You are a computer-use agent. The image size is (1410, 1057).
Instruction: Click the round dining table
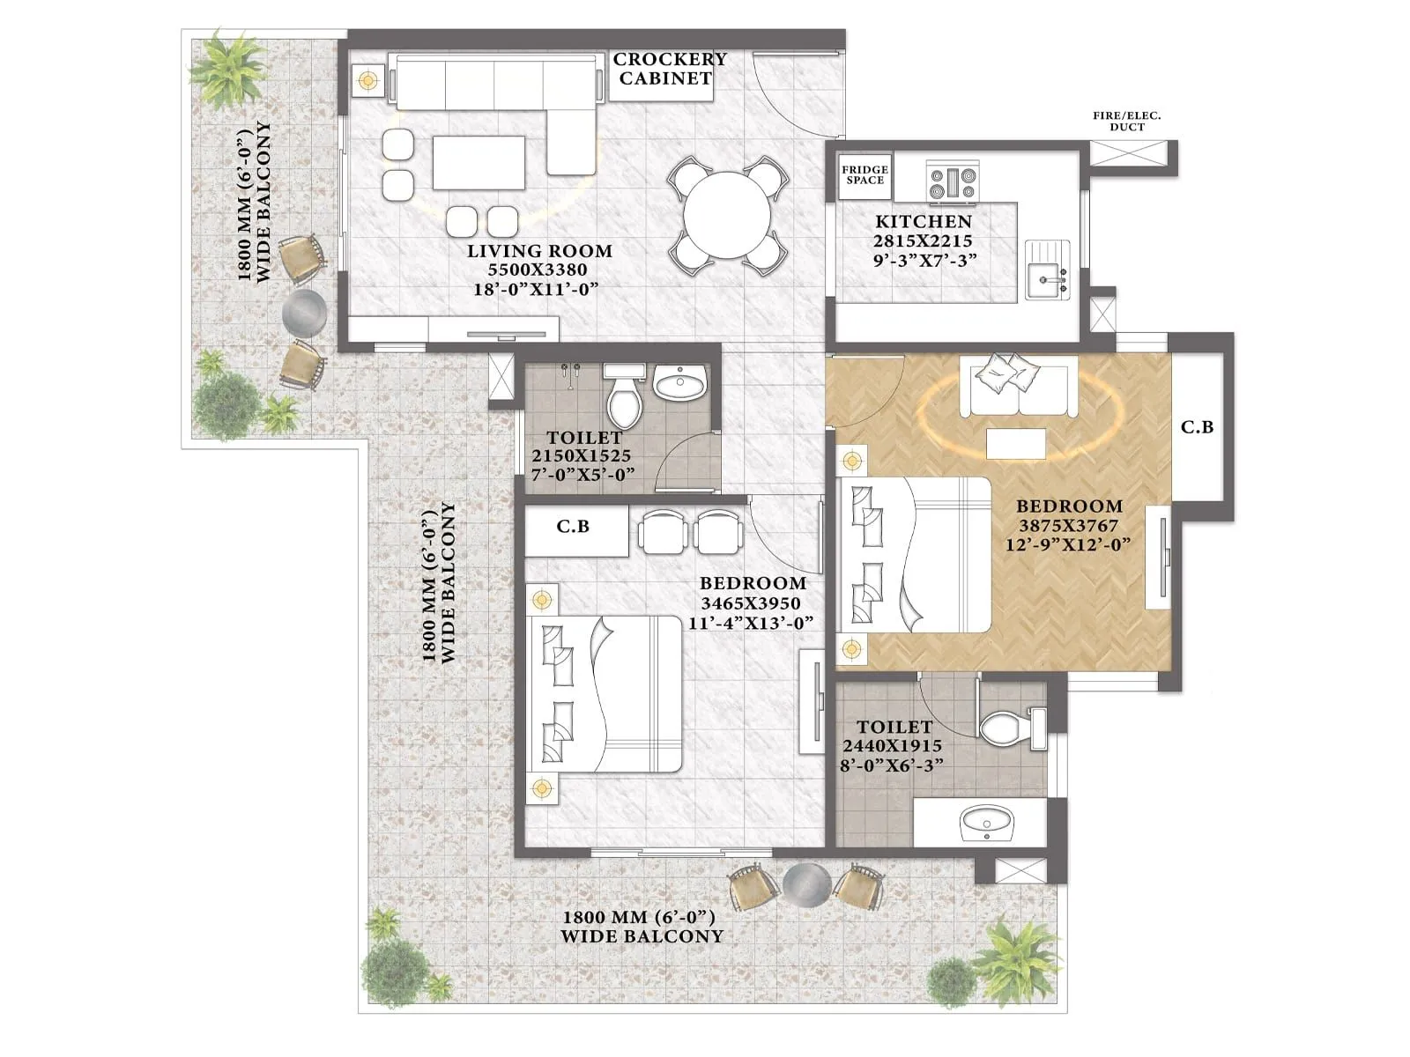point(728,214)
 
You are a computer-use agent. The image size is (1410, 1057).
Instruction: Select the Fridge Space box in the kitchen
point(865,174)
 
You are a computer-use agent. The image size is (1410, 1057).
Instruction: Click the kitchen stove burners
point(953,182)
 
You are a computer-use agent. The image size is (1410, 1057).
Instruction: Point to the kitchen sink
point(1047,270)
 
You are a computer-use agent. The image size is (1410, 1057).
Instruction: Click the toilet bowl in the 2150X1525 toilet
point(624,402)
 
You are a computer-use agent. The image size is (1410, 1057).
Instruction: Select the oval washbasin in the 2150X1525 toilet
point(680,385)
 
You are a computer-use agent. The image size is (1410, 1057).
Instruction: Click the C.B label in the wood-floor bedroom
point(1197,427)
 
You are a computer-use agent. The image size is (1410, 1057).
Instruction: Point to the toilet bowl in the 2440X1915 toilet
point(1005,728)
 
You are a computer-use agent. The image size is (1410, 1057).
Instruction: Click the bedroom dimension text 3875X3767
point(1068,526)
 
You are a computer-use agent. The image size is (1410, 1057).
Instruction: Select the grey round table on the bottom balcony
point(807,883)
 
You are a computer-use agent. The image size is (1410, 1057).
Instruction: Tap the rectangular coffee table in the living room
point(479,162)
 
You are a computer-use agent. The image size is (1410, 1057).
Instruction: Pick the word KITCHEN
point(923,222)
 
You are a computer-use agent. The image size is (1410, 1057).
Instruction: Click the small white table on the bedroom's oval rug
point(1015,444)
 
